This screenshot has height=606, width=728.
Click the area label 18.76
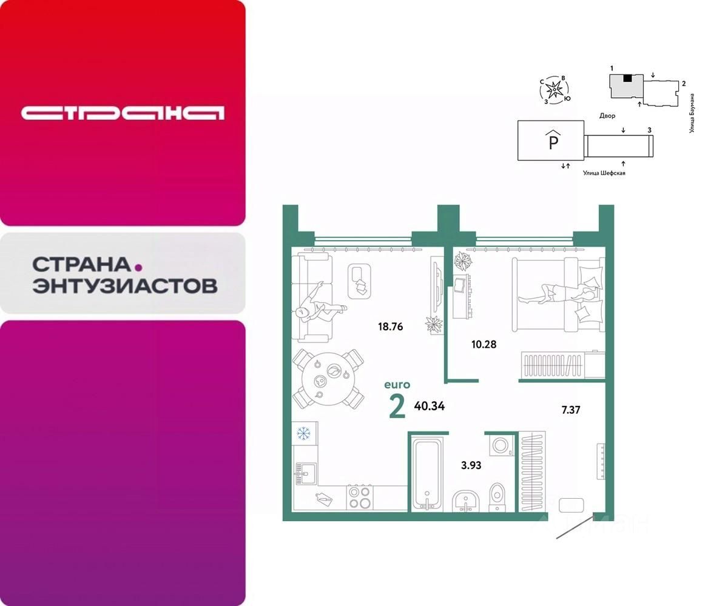389,327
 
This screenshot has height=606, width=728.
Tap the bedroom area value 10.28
484,345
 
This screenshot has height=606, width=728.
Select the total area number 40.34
429,406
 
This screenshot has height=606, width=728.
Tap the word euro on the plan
397,385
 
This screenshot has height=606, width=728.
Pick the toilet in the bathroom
496,495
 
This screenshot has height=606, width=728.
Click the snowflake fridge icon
303,433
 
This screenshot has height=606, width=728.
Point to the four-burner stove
360,497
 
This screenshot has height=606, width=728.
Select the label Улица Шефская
604,173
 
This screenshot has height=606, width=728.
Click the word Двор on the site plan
607,116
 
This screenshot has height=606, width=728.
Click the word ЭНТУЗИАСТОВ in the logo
124,285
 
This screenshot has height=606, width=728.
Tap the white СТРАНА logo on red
123,113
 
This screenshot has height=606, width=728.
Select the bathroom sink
466,500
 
